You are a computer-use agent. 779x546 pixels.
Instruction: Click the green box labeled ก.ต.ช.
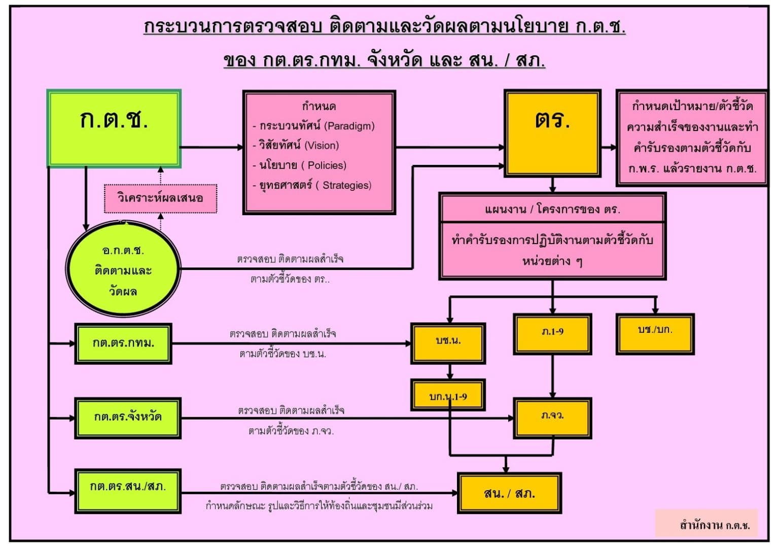coord(114,128)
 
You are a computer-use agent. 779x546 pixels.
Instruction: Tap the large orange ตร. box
coord(552,133)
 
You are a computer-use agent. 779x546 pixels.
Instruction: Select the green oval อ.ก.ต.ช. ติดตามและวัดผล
coord(123,269)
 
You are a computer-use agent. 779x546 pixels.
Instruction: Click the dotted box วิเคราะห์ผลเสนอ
coord(160,198)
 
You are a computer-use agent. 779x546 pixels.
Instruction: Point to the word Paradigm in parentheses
coord(350,126)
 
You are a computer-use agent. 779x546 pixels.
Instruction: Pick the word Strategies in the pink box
coord(347,185)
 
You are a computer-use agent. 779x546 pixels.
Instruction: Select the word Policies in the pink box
coord(327,165)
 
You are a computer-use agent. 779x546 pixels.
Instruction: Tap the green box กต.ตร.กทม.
coord(123,344)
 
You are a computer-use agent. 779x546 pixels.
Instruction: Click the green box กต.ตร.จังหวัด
coord(128,418)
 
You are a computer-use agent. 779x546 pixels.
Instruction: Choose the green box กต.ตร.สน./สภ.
coord(128,491)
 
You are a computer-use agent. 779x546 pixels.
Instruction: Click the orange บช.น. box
coord(448,343)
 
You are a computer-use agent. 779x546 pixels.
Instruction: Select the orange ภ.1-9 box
coord(552,333)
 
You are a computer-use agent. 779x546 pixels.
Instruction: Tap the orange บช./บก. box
coord(655,333)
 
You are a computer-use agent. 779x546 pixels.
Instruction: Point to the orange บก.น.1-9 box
coord(448,395)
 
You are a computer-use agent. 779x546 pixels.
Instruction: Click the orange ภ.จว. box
coord(552,418)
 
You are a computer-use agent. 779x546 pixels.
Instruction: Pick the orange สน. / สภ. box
coord(509,493)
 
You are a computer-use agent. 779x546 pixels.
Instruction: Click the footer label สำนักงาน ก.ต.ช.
coord(714,525)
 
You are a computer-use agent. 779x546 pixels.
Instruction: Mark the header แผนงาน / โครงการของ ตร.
coord(552,209)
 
